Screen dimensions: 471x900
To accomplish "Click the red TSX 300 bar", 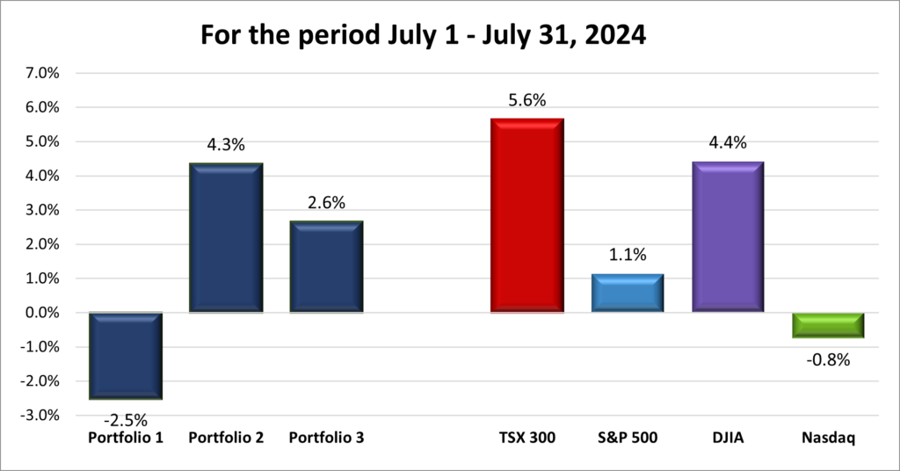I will pyautogui.click(x=526, y=215).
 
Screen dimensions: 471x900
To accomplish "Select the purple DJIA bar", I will pyautogui.click(x=728, y=236).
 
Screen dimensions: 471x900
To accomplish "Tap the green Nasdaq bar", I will pyautogui.click(x=828, y=325).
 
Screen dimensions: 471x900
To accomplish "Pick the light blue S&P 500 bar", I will pyautogui.click(x=627, y=293).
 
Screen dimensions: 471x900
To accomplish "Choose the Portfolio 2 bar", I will pyautogui.click(x=227, y=237).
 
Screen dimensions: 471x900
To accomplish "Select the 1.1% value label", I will pyautogui.click(x=627, y=257).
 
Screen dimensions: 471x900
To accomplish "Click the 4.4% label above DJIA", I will pyautogui.click(x=728, y=143).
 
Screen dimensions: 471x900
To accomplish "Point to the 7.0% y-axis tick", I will pyautogui.click(x=41, y=73).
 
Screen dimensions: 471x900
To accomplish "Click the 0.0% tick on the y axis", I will pyautogui.click(x=41, y=313).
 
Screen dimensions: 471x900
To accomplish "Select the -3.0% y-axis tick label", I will pyautogui.click(x=40, y=416).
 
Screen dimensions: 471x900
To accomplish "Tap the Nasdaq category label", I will pyautogui.click(x=828, y=437).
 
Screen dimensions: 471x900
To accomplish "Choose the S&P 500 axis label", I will pyautogui.click(x=627, y=437).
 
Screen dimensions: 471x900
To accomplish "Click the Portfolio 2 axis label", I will pyautogui.click(x=227, y=437).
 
